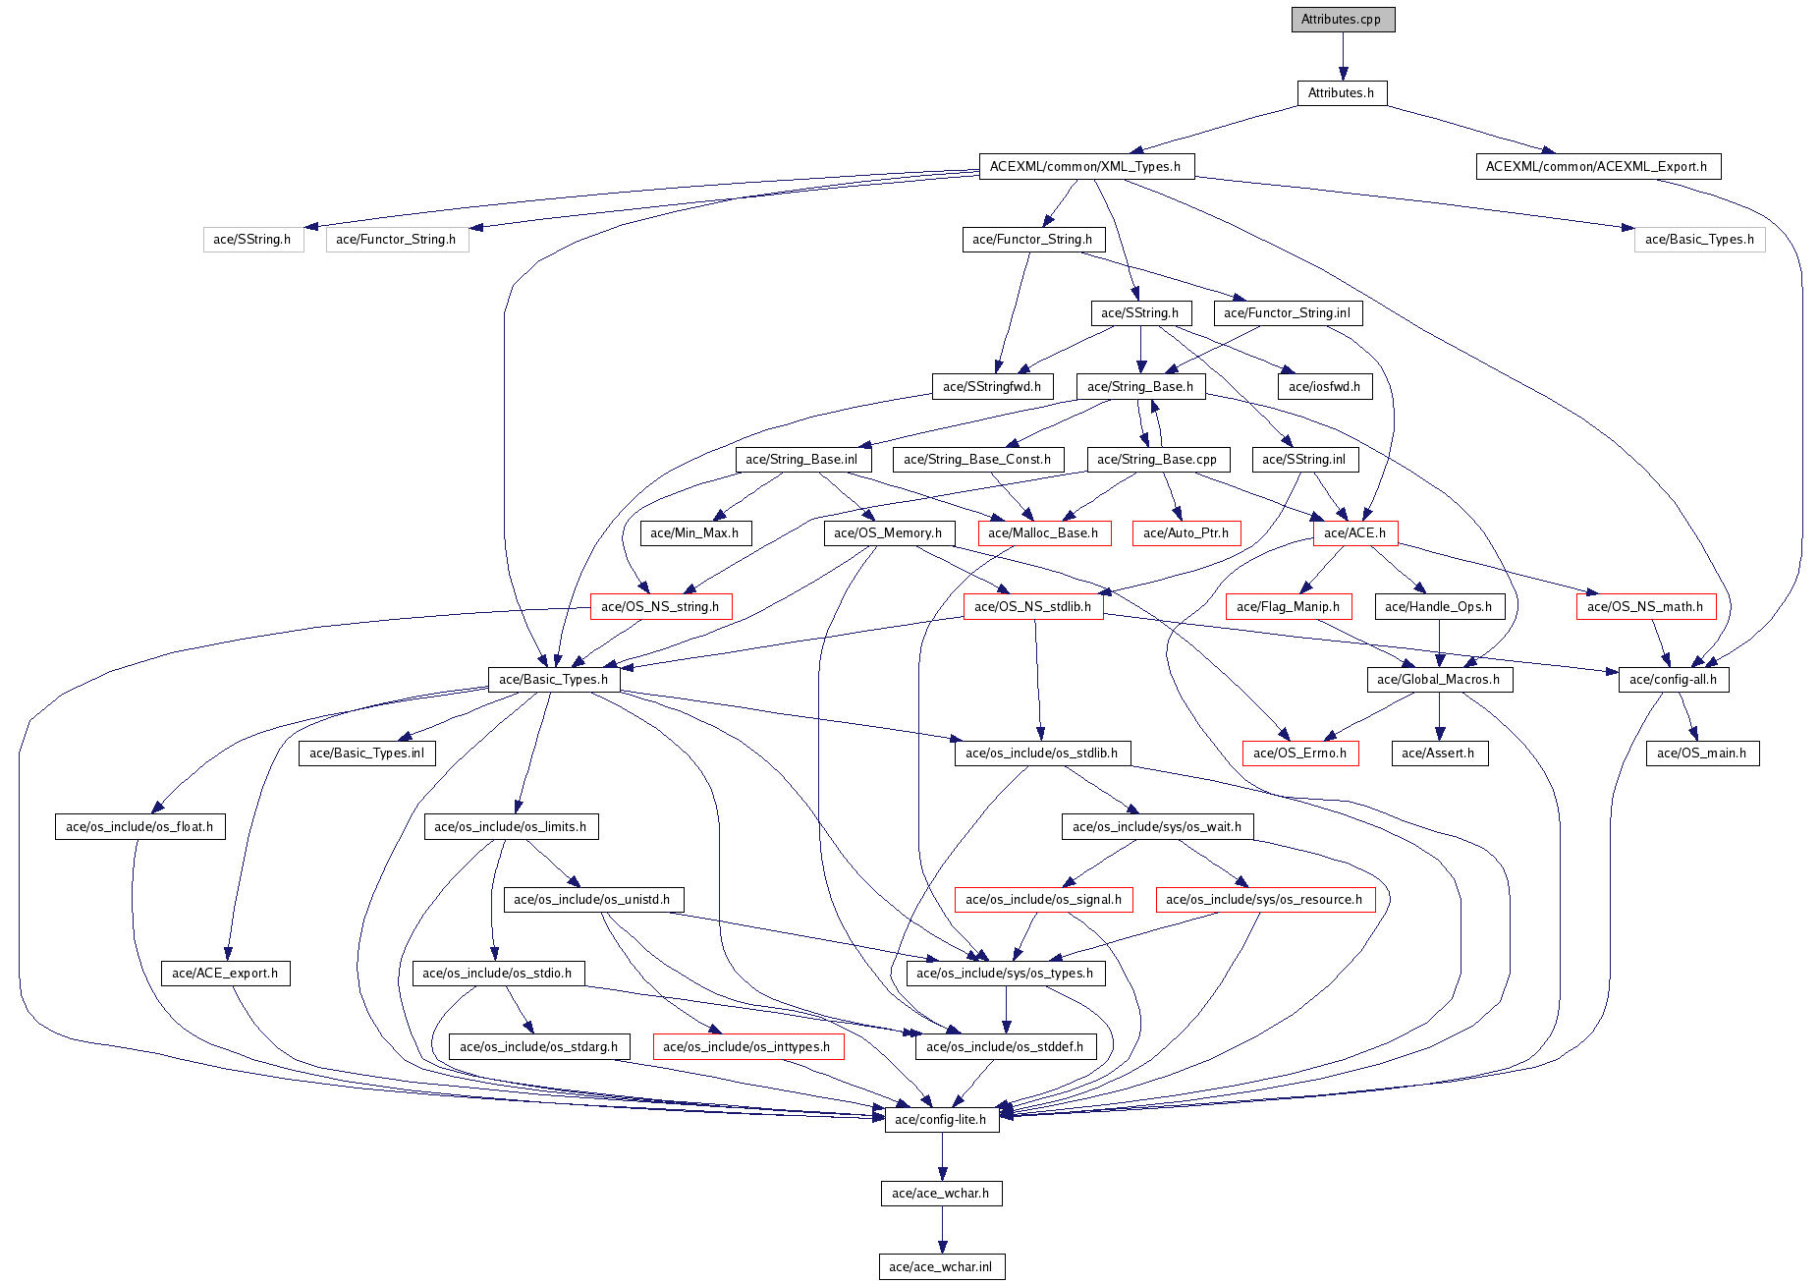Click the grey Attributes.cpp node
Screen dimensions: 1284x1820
tap(1342, 20)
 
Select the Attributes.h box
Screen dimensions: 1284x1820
tap(1341, 93)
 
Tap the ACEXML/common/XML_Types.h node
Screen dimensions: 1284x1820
tap(1085, 167)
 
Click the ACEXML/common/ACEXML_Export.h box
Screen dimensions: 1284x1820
tap(1596, 167)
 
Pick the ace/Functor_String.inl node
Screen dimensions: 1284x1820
tap(1287, 313)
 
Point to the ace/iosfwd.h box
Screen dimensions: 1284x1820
tap(1324, 387)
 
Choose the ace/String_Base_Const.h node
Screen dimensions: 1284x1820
tap(976, 460)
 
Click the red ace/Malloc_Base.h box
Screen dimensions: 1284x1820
tap(1043, 533)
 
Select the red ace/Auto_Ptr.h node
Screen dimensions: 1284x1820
tap(1186, 533)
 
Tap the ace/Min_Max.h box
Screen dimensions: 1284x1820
tap(694, 533)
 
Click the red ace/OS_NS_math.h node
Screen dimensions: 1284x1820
tap(1645, 607)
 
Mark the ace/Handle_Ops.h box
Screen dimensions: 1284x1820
tap(1438, 607)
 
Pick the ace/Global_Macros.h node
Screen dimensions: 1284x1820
tap(1438, 680)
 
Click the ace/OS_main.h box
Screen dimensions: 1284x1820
tap(1701, 754)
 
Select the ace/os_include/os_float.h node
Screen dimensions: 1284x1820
tap(139, 827)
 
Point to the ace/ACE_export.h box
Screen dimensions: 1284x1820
tap(225, 974)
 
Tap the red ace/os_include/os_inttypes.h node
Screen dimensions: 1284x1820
tap(746, 1047)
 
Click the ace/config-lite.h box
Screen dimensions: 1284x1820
tap(941, 1120)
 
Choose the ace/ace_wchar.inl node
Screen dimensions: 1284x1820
tap(941, 1267)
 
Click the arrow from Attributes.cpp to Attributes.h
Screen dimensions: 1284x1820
tap(1343, 56)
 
